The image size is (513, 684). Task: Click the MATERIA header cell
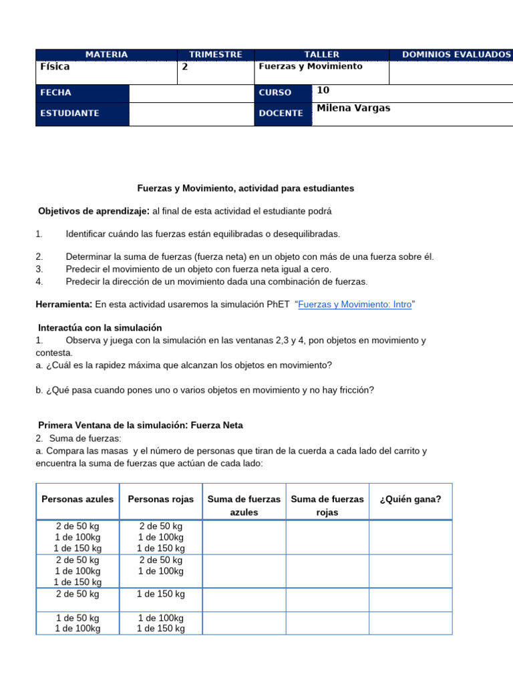tap(106, 54)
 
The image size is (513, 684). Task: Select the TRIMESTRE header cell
tap(215, 54)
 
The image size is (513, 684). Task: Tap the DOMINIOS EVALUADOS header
tap(456, 54)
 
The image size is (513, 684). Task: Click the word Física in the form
tap(55, 67)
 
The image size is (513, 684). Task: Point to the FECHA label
tap(56, 93)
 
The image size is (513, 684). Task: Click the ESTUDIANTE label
tap(69, 114)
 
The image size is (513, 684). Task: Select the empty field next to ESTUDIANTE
tap(190, 114)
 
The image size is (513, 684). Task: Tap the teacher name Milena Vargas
tap(353, 108)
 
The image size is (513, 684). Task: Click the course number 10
tap(323, 90)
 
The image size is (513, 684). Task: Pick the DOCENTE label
tap(281, 114)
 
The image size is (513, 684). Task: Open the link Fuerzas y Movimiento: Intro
tap(355, 304)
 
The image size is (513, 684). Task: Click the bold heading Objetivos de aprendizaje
tap(94, 211)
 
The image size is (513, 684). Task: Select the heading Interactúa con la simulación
tap(100, 327)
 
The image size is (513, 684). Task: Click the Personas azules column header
tap(77, 499)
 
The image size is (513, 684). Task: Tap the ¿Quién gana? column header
tap(410, 499)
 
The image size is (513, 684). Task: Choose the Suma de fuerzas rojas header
tap(327, 506)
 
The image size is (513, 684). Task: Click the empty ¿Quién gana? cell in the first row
tap(410, 538)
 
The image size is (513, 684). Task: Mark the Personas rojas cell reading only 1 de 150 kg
tap(160, 594)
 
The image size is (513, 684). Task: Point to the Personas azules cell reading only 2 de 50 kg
tap(77, 594)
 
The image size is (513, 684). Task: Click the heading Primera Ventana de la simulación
tap(141, 425)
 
